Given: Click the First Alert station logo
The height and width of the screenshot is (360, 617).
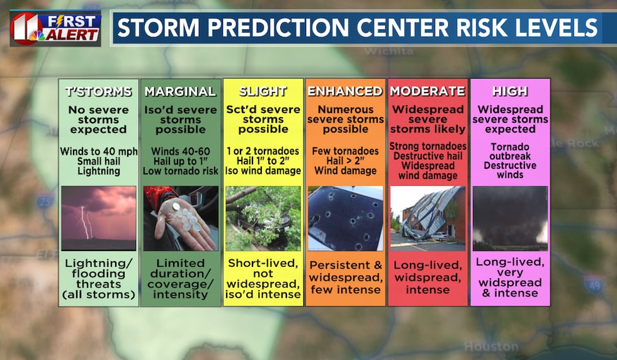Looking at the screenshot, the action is click(x=55, y=28).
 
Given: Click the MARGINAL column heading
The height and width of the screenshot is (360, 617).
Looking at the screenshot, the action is click(x=180, y=91).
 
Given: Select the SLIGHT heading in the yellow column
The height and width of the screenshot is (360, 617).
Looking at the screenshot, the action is click(x=263, y=91).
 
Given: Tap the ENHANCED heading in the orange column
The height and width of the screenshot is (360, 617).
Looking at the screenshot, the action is click(x=345, y=91).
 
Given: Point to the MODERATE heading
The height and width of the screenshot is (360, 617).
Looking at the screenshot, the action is click(x=427, y=91).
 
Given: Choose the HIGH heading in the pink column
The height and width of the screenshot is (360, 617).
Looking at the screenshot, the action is click(x=510, y=91).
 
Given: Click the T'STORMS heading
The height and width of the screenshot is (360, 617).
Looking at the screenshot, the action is click(x=98, y=92).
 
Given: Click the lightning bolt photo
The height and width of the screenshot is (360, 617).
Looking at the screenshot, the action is click(x=99, y=218).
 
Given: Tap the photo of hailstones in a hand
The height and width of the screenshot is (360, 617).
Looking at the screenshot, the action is click(x=181, y=218).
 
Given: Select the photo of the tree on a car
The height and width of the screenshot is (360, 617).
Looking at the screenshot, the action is click(x=263, y=218).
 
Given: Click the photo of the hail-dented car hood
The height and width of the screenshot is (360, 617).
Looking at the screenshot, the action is click(x=346, y=218).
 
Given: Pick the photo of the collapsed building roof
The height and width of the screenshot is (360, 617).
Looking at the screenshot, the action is click(x=427, y=218).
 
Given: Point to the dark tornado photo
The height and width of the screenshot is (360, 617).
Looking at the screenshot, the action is click(x=510, y=218).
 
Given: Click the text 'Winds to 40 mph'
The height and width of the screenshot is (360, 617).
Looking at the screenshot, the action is click(x=99, y=152).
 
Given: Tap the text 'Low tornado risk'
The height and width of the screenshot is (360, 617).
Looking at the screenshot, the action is click(x=180, y=171).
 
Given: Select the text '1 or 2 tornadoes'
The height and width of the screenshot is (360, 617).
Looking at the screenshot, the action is click(x=263, y=151).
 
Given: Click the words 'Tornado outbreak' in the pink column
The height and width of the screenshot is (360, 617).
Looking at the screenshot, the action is click(x=510, y=152).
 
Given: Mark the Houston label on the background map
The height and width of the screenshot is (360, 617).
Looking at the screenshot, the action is click(x=491, y=347).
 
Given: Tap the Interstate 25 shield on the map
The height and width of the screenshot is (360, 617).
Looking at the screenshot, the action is click(x=45, y=201).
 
